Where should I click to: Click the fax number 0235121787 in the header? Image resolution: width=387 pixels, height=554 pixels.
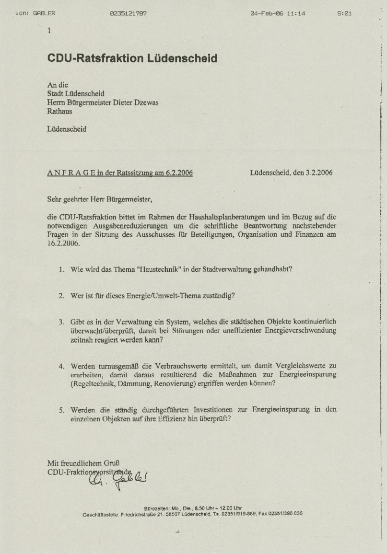click(128, 13)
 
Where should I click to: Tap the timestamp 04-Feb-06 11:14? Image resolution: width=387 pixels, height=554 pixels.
click(277, 13)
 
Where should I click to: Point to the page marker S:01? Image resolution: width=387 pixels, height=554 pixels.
click(344, 13)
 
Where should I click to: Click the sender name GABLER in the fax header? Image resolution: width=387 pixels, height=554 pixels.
click(44, 13)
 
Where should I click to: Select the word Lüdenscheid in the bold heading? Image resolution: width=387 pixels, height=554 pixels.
click(182, 58)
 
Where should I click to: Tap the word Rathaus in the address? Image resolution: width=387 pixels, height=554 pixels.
click(59, 111)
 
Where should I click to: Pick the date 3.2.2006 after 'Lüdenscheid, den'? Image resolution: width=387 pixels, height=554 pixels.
click(319, 173)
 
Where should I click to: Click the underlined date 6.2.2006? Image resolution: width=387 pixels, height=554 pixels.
click(179, 173)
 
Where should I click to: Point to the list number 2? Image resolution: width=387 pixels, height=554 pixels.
click(61, 296)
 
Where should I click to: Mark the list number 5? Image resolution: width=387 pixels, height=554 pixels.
click(61, 410)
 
